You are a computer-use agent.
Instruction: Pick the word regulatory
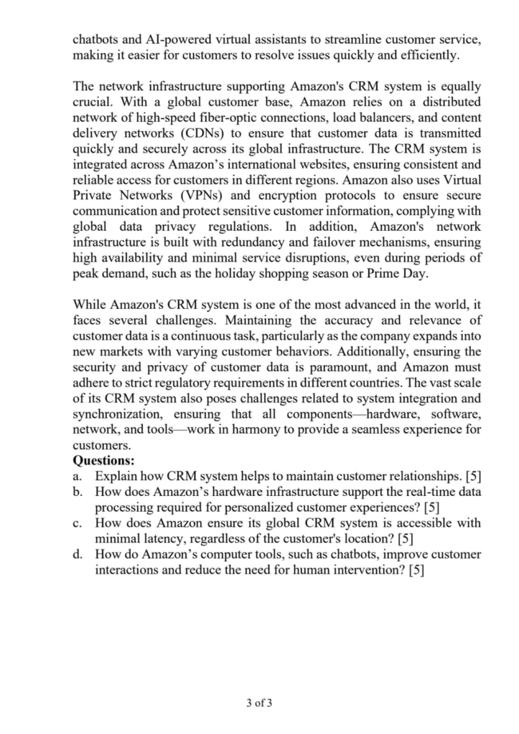coord(187,383)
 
